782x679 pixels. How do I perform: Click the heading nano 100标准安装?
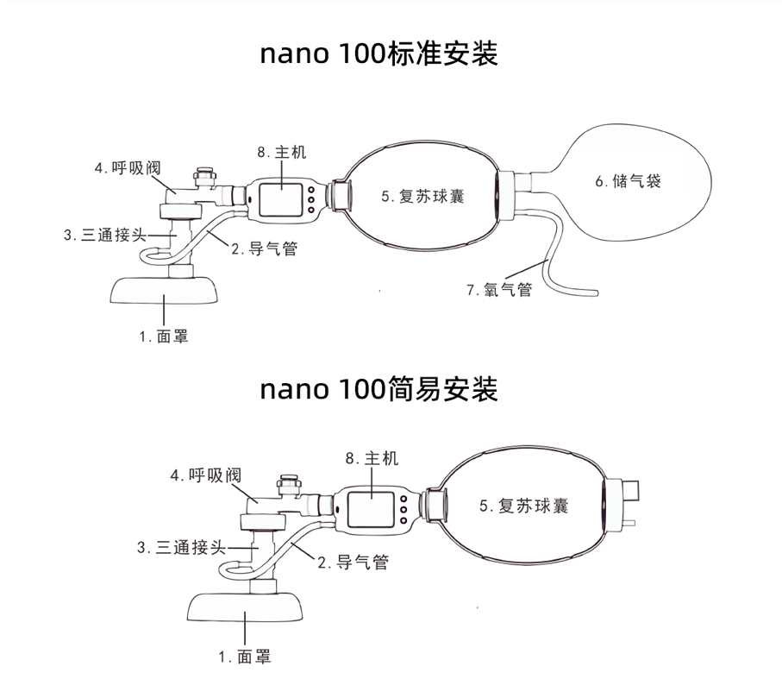(x=379, y=53)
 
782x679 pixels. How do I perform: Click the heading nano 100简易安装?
(x=379, y=389)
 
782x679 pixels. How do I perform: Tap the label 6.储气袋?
(x=628, y=181)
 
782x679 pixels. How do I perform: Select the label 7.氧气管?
(x=499, y=290)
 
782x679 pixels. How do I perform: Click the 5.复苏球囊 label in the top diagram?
(x=422, y=196)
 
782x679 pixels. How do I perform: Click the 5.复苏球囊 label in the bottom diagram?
(x=523, y=506)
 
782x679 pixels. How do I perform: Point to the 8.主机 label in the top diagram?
(x=281, y=153)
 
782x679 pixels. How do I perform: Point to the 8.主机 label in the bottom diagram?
(x=372, y=458)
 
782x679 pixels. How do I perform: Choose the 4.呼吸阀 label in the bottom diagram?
(x=204, y=475)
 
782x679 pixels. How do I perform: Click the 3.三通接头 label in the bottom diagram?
(x=180, y=547)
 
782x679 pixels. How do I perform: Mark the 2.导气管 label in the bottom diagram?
(x=353, y=563)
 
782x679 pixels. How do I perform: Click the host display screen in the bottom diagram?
(x=372, y=508)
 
